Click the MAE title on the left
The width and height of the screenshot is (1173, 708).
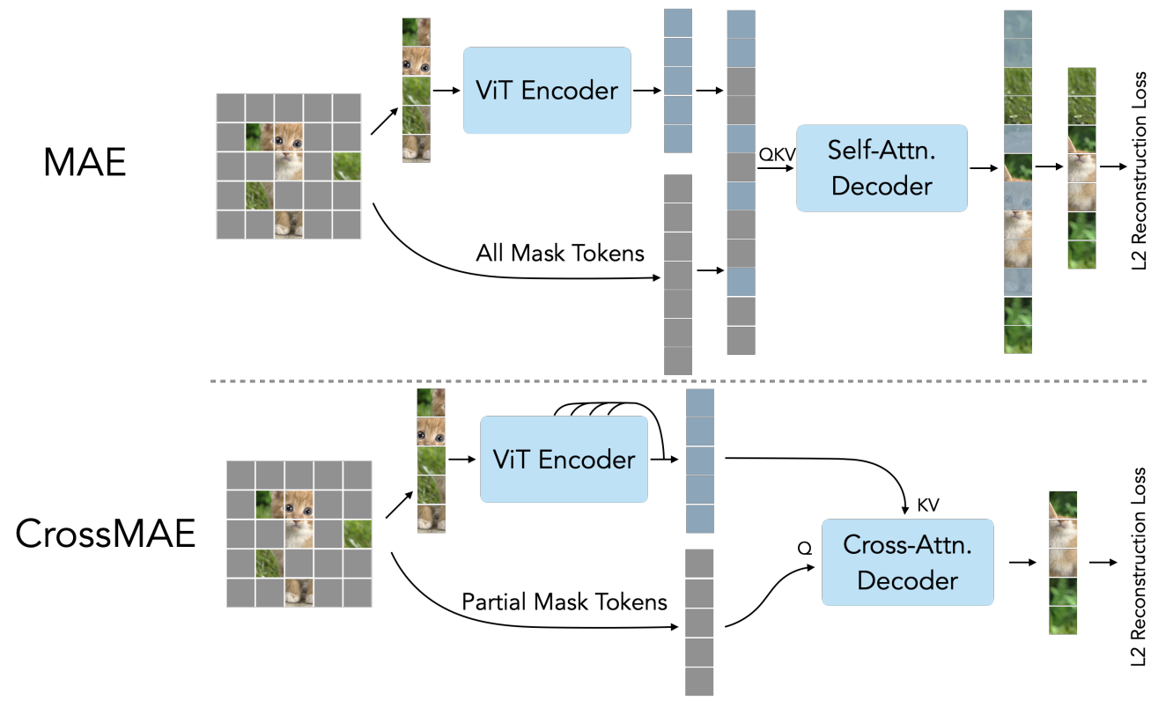point(85,162)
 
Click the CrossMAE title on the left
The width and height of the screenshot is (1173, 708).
point(106,534)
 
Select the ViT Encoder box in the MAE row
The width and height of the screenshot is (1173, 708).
point(547,90)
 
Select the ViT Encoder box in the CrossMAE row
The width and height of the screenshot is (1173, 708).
point(564,460)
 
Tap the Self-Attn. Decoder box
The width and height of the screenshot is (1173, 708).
point(882,168)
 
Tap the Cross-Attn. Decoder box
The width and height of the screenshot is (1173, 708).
point(908,563)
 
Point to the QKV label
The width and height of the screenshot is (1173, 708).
point(777,154)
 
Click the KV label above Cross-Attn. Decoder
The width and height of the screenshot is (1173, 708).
point(928,505)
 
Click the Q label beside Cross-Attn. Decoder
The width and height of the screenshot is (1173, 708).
point(804,549)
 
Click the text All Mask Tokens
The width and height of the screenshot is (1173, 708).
point(560,253)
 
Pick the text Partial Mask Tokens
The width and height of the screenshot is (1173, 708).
point(564,601)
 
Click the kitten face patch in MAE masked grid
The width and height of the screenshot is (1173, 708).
point(289,137)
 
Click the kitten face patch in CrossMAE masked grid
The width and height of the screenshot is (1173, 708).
point(299,505)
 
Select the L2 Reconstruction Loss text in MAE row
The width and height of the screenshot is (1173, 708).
point(1139,171)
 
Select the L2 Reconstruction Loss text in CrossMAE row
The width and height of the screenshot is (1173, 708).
point(1139,566)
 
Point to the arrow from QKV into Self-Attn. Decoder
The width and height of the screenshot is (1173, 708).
point(776,168)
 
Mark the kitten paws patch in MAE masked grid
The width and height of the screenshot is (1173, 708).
point(289,225)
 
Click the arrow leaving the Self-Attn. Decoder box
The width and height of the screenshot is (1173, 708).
point(984,168)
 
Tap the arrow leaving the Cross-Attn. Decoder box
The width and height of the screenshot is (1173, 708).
point(1022,563)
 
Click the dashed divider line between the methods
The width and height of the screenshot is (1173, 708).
point(678,381)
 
